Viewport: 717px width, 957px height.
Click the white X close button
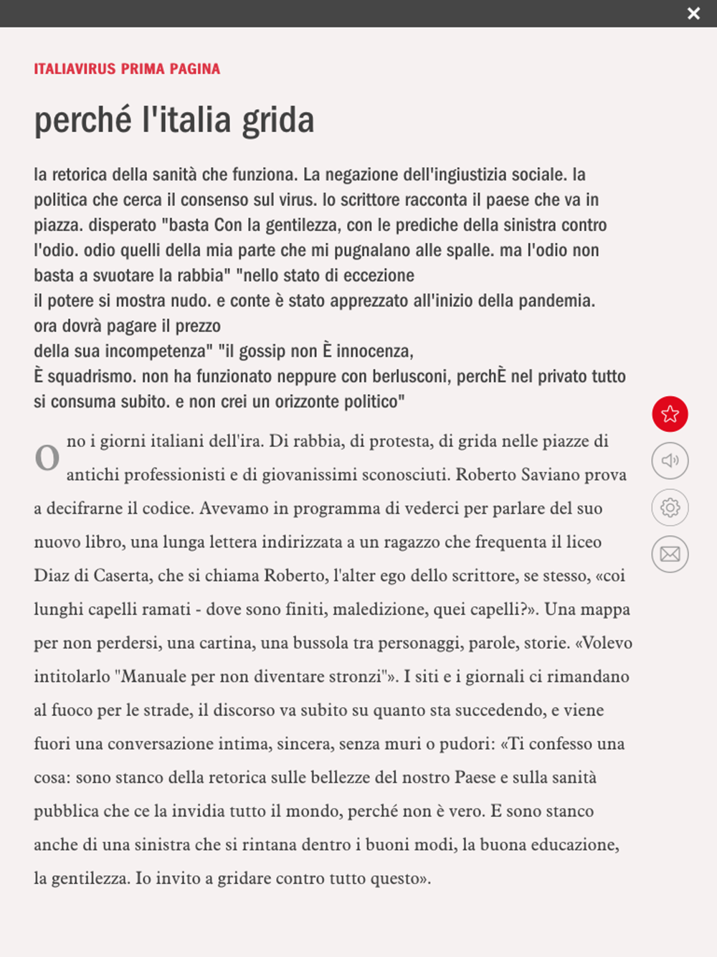pos(693,14)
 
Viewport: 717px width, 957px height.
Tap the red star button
pos(670,414)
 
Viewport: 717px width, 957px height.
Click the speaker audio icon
pos(670,461)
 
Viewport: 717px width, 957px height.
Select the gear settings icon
pos(670,507)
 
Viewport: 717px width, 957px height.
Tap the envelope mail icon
pos(670,554)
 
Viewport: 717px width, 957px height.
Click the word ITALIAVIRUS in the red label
pos(75,69)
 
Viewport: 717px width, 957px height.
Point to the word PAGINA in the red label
pos(195,69)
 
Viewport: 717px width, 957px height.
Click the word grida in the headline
pos(277,120)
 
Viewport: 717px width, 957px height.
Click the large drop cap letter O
pos(47,458)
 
